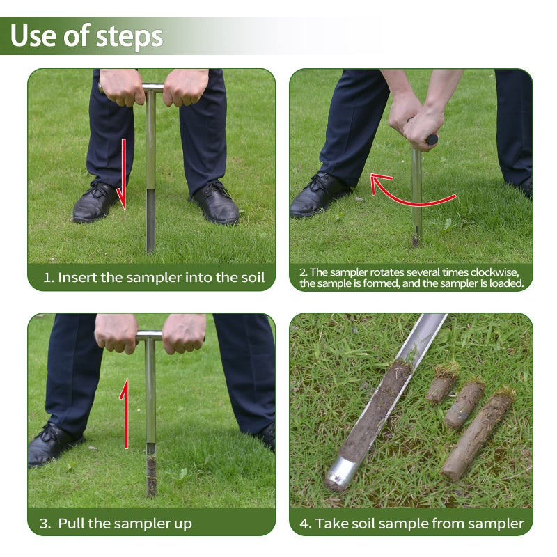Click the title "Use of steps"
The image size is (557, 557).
86,36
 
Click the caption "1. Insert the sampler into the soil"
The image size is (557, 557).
154,278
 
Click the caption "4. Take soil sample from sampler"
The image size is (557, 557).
411,523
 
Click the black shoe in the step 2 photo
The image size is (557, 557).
318,196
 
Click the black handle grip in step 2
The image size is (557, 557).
432,139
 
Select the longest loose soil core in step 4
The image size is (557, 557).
477,435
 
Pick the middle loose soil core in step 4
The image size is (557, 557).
464,404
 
